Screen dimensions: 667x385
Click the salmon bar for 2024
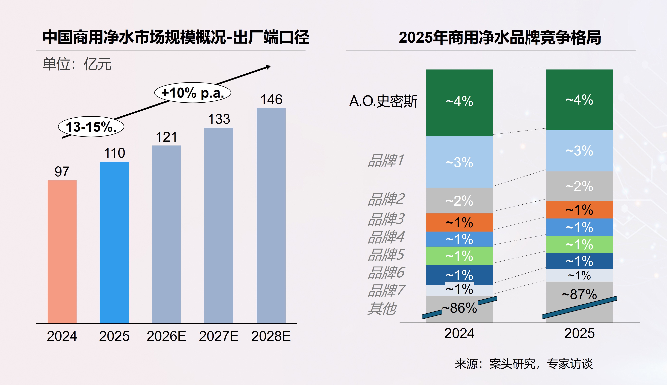pyautogui.click(x=62, y=252)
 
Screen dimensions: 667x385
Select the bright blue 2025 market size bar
pyautogui.click(x=114, y=243)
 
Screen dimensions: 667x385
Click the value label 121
pyautogui.click(x=166, y=137)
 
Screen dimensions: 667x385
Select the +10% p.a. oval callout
pyautogui.click(x=193, y=93)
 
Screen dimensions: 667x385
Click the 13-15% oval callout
pyautogui.click(x=91, y=127)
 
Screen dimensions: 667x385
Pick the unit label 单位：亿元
pyautogui.click(x=77, y=64)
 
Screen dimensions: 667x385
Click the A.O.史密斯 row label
pyautogui.click(x=383, y=101)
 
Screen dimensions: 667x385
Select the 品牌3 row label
pyautogui.click(x=386, y=219)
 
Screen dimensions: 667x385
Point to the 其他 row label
pyautogui.click(x=382, y=308)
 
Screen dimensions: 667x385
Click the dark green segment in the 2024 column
pyautogui.click(x=460, y=103)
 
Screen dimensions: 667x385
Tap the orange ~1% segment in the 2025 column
pyautogui.click(x=579, y=209)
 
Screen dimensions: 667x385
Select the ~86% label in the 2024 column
pyautogui.click(x=460, y=308)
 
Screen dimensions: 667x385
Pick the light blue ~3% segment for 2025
pyautogui.click(x=579, y=150)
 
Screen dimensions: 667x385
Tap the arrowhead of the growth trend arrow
pyautogui.click(x=268, y=67)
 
